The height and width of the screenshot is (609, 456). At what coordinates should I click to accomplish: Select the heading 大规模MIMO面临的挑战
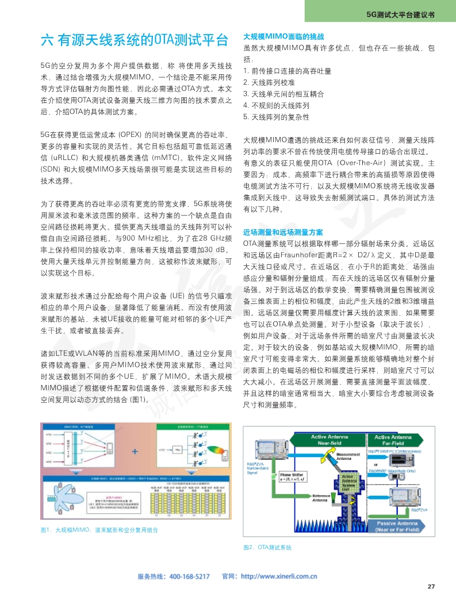(283, 36)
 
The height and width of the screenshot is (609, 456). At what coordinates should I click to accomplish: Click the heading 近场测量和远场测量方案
(283, 232)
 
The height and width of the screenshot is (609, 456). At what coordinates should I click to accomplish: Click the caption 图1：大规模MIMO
(99, 530)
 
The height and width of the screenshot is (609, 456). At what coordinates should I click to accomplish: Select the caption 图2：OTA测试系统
(268, 547)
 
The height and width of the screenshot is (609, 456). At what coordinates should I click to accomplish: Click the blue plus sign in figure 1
(135, 452)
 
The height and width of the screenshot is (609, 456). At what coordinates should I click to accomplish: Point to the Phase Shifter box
(298, 477)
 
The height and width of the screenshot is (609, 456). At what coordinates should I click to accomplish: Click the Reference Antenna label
(322, 498)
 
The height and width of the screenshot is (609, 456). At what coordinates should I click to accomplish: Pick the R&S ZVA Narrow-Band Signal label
(256, 469)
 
